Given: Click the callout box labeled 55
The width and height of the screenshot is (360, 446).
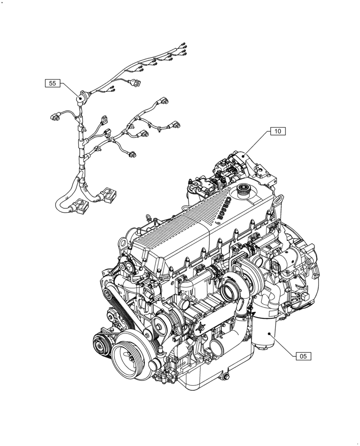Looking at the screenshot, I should pos(52,83).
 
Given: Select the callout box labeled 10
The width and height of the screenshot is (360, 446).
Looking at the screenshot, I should pos(277,131).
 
